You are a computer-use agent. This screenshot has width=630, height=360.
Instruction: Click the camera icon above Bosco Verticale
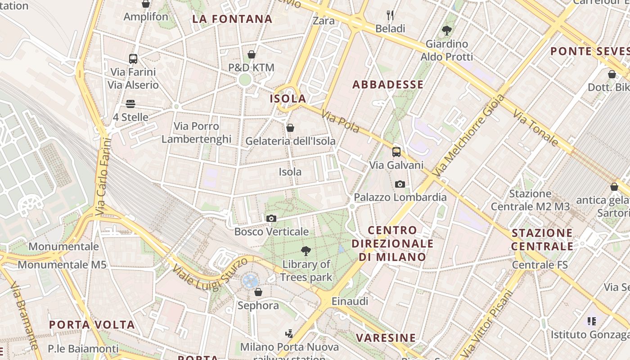click(271, 219)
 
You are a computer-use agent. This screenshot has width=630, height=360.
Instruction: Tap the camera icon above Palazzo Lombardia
click(400, 184)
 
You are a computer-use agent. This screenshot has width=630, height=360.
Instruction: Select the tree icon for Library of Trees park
click(306, 251)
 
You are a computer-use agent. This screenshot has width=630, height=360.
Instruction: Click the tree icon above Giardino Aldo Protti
click(446, 31)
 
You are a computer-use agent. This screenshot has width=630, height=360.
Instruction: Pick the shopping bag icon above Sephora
click(258, 292)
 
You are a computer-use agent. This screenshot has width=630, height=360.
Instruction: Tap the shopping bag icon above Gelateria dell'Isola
click(290, 128)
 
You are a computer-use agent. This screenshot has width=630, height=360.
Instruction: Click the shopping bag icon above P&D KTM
click(252, 54)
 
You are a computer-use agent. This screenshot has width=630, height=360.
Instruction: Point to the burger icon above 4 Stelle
click(130, 104)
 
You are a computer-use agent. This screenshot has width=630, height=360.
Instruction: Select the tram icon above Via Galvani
click(396, 152)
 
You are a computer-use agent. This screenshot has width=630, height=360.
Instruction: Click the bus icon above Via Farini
click(133, 58)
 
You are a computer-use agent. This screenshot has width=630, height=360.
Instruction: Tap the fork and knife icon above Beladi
click(390, 15)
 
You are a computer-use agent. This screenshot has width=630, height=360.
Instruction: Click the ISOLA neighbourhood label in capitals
click(288, 99)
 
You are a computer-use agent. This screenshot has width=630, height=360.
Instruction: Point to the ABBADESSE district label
click(388, 85)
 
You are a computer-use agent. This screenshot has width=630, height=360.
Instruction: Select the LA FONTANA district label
click(232, 19)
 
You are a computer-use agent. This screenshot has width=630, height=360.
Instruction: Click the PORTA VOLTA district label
click(92, 324)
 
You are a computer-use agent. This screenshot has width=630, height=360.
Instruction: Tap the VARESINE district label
click(386, 337)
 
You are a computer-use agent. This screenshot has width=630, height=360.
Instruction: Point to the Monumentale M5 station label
click(62, 264)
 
